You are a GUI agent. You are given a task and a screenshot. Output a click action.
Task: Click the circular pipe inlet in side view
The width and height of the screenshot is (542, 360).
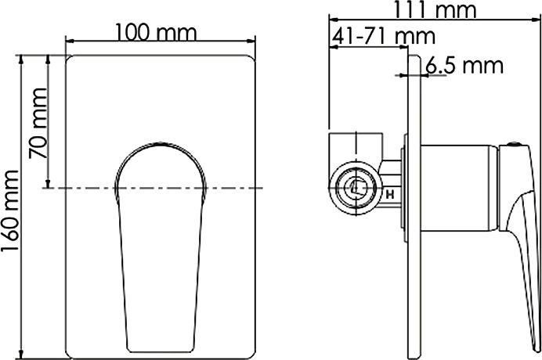coord(354,187)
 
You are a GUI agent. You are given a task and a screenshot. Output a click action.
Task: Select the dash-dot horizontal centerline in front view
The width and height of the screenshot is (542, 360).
coord(235,188)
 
